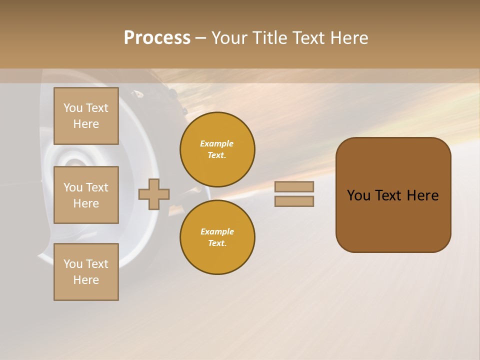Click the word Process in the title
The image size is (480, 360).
(157, 38)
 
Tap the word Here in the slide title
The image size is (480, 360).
(348, 38)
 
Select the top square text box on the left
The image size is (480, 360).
(86, 116)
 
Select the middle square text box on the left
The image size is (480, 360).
(86, 195)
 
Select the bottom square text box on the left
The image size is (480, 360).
(86, 272)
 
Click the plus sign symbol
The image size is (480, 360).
(154, 194)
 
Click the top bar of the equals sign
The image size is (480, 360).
(294, 186)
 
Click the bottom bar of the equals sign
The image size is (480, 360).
(294, 201)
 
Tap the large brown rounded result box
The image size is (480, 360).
(393, 220)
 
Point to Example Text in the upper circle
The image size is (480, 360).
(217, 149)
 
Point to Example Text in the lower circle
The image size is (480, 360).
(217, 237)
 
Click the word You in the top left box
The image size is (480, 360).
(73, 108)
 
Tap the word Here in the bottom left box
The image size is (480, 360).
(86, 280)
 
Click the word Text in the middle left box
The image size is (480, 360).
(97, 187)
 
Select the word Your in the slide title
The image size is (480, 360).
(230, 38)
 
